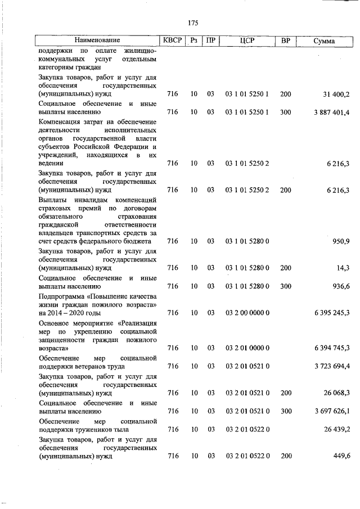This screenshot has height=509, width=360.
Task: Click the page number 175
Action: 193,23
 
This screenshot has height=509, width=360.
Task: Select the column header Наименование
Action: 98,41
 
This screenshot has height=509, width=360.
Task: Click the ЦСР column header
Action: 247,41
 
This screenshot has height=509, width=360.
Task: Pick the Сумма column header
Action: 323,41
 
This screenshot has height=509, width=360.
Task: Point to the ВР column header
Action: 286,41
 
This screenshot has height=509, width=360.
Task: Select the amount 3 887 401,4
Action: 331,112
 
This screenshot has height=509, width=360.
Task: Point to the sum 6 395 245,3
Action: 331,313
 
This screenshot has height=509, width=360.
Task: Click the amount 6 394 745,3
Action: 331,348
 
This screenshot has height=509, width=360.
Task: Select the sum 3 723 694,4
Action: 331,366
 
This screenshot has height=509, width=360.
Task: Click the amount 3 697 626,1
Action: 331,411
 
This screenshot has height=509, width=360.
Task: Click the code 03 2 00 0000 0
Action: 247,313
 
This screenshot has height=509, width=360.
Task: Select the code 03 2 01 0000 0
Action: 247,348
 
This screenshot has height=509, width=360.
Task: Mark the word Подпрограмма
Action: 62,296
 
